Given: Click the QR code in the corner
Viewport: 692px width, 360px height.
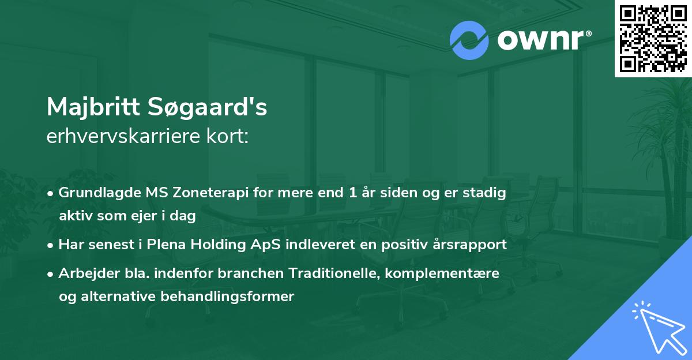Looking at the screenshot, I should coord(653,38).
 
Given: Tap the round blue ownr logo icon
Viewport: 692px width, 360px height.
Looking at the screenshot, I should coord(469,40).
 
